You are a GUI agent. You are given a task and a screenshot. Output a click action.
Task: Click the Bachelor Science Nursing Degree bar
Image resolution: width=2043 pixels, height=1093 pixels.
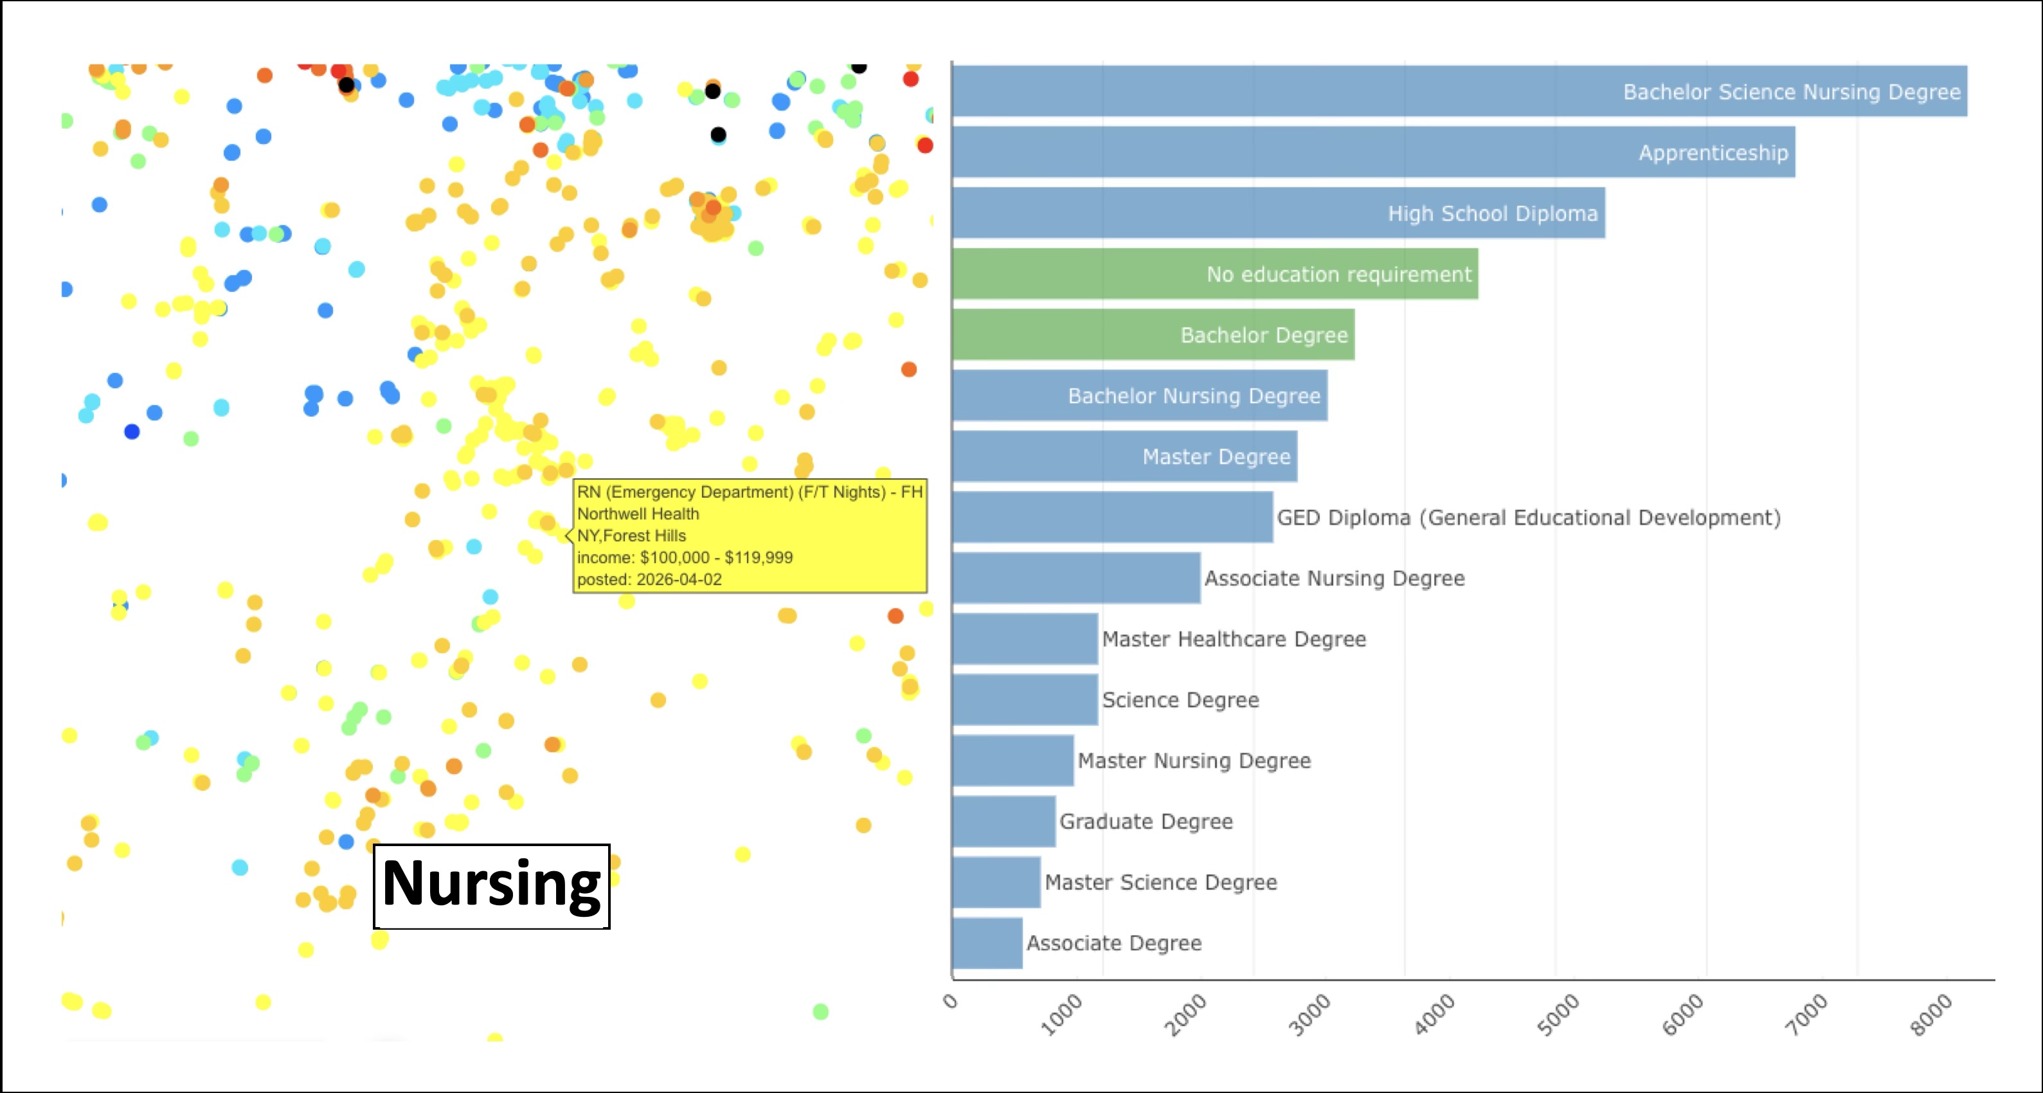pyautogui.click(x=1459, y=91)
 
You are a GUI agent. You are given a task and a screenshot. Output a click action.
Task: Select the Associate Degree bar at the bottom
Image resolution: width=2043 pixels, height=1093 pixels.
pyautogui.click(x=987, y=943)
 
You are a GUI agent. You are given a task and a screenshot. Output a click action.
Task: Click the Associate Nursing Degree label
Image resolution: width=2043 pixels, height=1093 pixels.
pyautogui.click(x=1334, y=578)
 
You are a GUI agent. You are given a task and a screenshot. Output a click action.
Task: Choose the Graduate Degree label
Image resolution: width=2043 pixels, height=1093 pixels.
pyautogui.click(x=1146, y=822)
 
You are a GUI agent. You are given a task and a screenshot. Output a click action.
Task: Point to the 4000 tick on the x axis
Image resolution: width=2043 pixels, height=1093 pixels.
pyautogui.click(x=1435, y=1015)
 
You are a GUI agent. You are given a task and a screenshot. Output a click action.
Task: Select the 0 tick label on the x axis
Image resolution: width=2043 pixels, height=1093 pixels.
pyautogui.click(x=950, y=1001)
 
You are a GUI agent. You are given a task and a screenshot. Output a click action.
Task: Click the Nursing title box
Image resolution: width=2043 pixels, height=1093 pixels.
pyautogui.click(x=491, y=885)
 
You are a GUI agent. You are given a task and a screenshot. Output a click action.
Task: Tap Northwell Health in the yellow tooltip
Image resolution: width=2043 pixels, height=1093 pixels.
pyautogui.click(x=638, y=514)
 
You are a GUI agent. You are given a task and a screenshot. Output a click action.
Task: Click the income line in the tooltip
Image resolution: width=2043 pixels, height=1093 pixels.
pyautogui.click(x=685, y=557)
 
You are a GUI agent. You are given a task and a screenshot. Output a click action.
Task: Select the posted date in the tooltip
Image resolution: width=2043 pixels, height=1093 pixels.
pyautogui.click(x=649, y=580)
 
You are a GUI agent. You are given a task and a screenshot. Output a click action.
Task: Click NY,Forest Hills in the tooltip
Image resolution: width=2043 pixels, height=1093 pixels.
pyautogui.click(x=631, y=536)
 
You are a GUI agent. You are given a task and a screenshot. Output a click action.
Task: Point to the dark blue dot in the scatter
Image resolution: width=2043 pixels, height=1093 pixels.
pyautogui.click(x=132, y=431)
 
